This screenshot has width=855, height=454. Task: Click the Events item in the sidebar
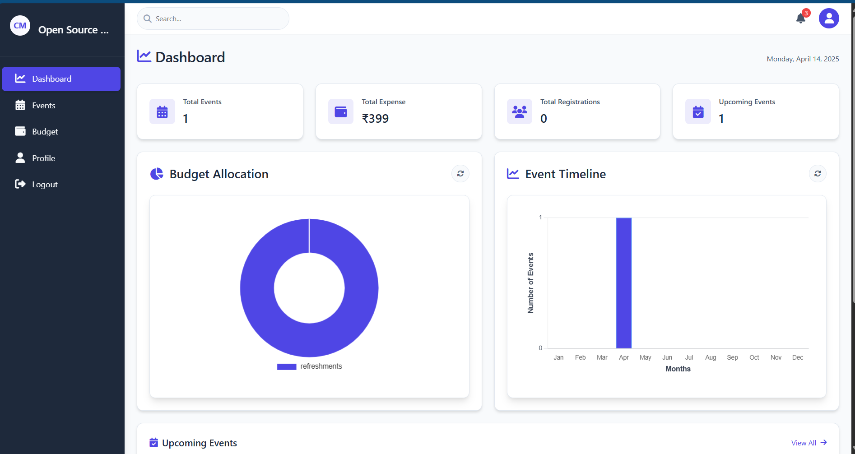[x=43, y=106]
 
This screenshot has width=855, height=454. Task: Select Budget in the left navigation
[x=45, y=132]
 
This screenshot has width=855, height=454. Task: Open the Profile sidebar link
[x=43, y=158]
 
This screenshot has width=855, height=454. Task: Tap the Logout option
[x=44, y=185]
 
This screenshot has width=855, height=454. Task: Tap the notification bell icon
[x=801, y=19]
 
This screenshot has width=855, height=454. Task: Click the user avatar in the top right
[x=829, y=19]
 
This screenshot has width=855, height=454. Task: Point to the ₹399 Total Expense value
[x=375, y=119]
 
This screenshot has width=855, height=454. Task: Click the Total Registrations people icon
[x=519, y=111]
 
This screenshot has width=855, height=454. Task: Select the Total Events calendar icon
[x=162, y=111]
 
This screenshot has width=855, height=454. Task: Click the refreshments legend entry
[x=310, y=366]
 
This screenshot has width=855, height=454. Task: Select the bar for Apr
[x=623, y=283]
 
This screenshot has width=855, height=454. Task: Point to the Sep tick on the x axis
[x=732, y=357]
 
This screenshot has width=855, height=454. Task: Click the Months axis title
[x=678, y=369]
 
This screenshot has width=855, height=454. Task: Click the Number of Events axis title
[x=530, y=283]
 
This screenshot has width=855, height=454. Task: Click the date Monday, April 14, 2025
[x=803, y=59]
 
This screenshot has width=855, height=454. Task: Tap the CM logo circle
[x=20, y=26]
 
